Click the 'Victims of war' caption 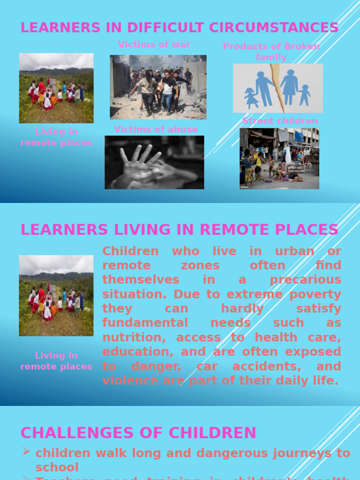(154, 45)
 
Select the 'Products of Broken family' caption (271, 52)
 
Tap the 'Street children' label (280, 121)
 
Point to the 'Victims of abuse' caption (156, 129)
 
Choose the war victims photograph (158, 87)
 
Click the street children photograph (279, 158)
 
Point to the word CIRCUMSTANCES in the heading (274, 28)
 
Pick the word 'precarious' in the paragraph (305, 280)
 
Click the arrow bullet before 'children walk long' (26, 451)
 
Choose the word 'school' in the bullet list (57, 467)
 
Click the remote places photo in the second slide (56, 295)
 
